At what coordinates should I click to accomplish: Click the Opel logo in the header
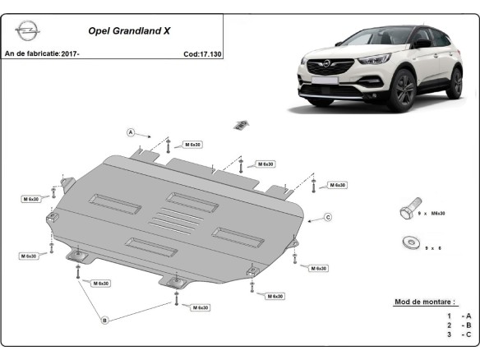pyautogui.click(x=28, y=30)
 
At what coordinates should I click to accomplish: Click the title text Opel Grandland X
pyautogui.click(x=129, y=31)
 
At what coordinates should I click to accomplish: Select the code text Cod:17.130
pyautogui.click(x=202, y=54)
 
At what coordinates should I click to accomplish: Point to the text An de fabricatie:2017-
pyautogui.click(x=42, y=53)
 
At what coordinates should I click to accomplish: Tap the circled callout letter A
pyautogui.click(x=131, y=132)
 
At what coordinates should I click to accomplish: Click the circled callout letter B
pyautogui.click(x=104, y=321)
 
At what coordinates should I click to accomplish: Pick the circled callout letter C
pyautogui.click(x=328, y=217)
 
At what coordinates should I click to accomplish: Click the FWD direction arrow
pyautogui.click(x=242, y=125)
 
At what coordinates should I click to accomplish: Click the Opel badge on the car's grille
pyautogui.click(x=326, y=64)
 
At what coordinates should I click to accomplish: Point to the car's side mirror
pyautogui.click(x=423, y=44)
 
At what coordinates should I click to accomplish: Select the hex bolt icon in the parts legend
pyautogui.click(x=410, y=208)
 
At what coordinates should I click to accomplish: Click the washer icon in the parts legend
pyautogui.click(x=412, y=242)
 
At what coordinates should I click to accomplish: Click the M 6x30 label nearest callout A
pyautogui.click(x=192, y=145)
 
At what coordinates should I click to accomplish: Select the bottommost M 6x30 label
pyautogui.click(x=201, y=307)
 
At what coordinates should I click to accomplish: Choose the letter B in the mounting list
pyautogui.click(x=468, y=325)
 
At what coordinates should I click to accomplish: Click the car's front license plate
pyautogui.click(x=325, y=81)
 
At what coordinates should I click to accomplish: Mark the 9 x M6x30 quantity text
pyautogui.click(x=432, y=214)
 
